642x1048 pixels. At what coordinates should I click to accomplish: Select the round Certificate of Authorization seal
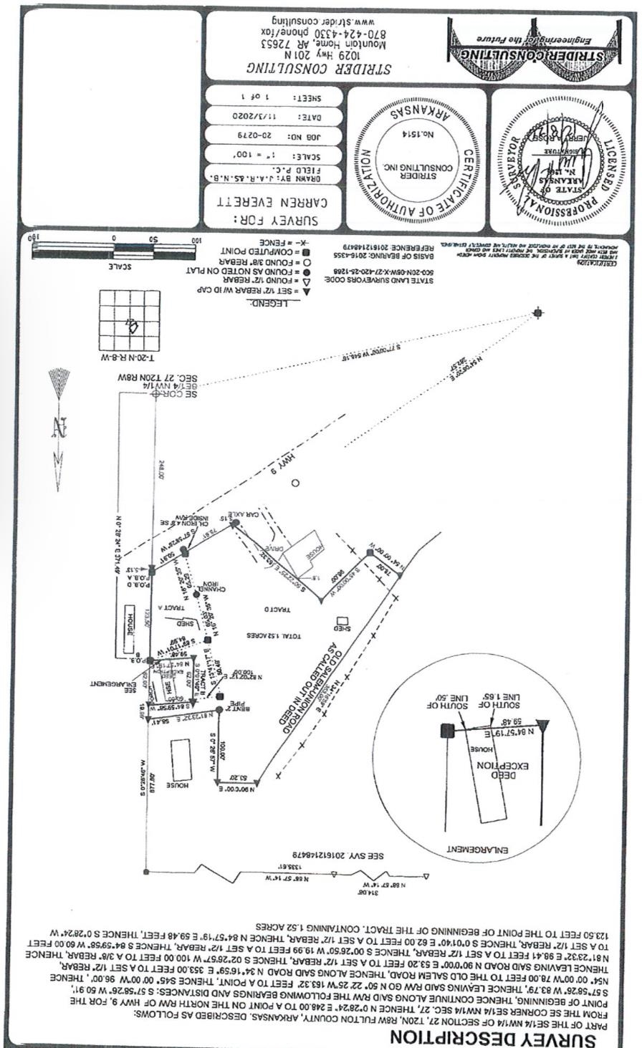click(416, 154)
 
